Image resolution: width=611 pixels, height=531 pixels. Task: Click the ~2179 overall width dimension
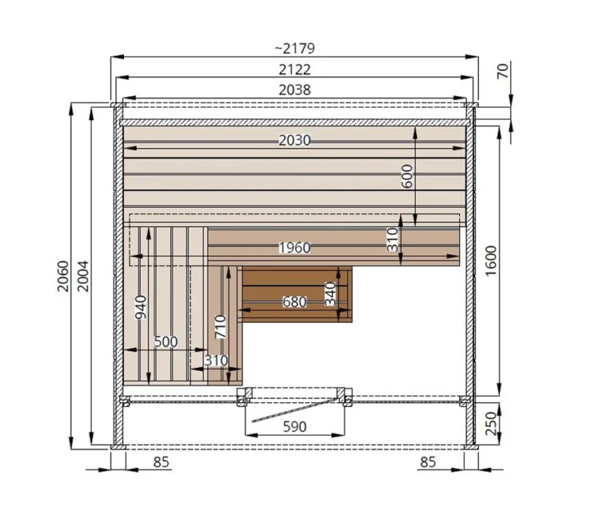[x=294, y=49]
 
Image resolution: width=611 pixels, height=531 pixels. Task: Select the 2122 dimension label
[x=294, y=69]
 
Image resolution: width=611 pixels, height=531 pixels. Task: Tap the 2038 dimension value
[x=294, y=90]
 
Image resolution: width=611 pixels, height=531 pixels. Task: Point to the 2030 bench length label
[x=294, y=140]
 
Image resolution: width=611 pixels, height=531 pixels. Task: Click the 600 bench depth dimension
[x=407, y=176]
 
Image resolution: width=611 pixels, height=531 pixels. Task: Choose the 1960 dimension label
[x=294, y=248]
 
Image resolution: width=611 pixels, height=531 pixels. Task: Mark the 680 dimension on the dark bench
[x=294, y=303]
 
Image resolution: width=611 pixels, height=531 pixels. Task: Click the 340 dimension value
[x=330, y=294]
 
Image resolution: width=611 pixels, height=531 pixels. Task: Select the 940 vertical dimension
[x=141, y=307]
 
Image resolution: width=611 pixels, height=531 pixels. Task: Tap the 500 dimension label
[x=166, y=342]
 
